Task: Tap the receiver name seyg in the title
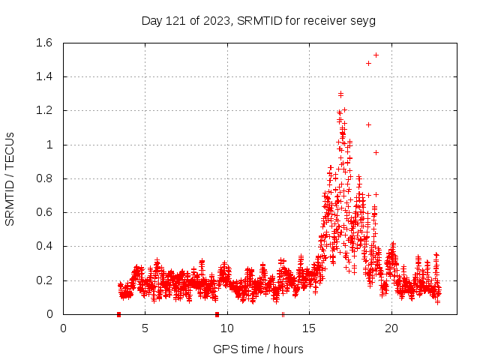pos(362,21)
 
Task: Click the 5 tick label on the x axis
pos(145,328)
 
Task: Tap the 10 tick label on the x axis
pos(227,328)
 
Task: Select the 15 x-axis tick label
pos(309,328)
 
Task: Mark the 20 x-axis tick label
pos(391,328)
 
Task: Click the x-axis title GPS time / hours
pos(258,349)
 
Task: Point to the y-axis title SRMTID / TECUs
pos(10,178)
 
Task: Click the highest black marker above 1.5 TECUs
pos(376,55)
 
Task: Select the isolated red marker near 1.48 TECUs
pos(368,63)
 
